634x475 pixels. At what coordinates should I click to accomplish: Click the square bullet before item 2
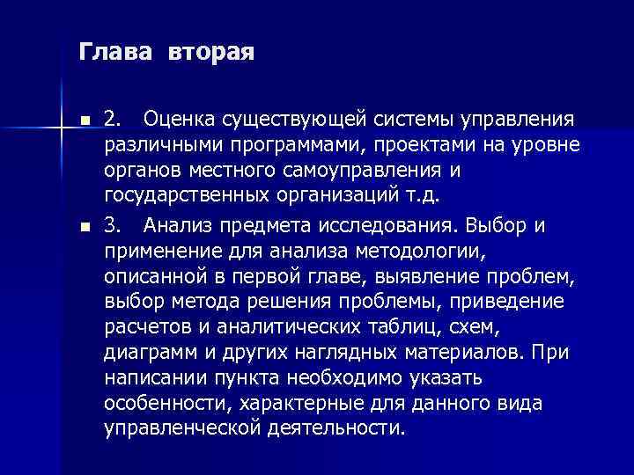click(83, 119)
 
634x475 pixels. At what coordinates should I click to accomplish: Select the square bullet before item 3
click(83, 227)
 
